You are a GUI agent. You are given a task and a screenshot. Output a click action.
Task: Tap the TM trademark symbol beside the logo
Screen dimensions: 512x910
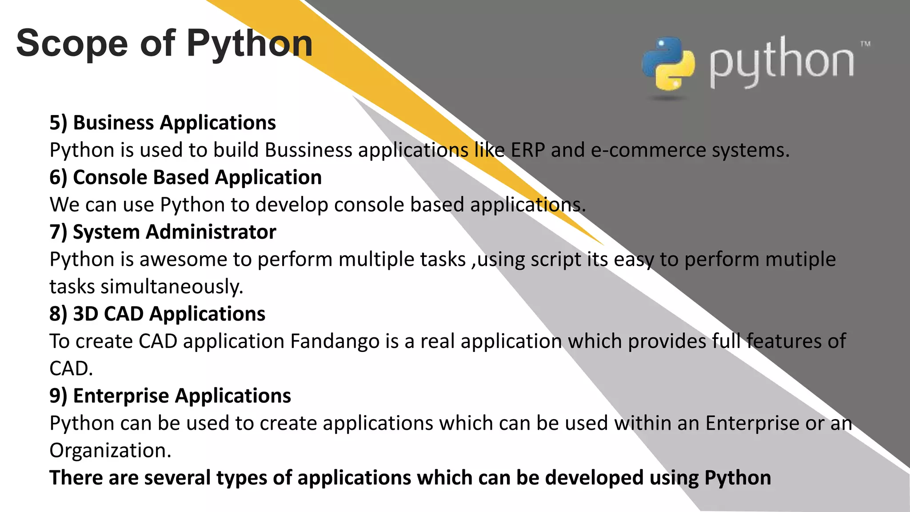tap(865, 44)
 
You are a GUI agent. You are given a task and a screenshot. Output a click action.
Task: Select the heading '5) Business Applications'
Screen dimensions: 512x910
tap(163, 123)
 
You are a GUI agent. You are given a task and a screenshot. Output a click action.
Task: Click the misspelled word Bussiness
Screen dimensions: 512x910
tap(308, 150)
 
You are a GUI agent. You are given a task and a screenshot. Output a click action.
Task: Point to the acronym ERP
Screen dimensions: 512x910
tap(527, 150)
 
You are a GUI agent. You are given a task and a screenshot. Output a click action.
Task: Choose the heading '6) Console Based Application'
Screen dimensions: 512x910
tap(185, 177)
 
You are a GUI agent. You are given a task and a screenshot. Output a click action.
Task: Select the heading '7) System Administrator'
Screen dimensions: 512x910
tap(163, 232)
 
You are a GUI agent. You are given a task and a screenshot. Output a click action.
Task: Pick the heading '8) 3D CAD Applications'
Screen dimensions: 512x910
tap(157, 314)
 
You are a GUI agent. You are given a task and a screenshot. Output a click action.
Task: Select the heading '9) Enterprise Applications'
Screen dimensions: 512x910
tap(170, 396)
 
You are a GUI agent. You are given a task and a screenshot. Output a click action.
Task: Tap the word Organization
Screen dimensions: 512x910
tap(110, 450)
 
